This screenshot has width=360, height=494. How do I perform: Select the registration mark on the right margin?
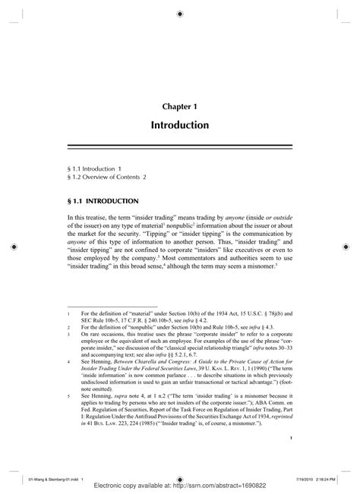pyautogui.click(x=347, y=247)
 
